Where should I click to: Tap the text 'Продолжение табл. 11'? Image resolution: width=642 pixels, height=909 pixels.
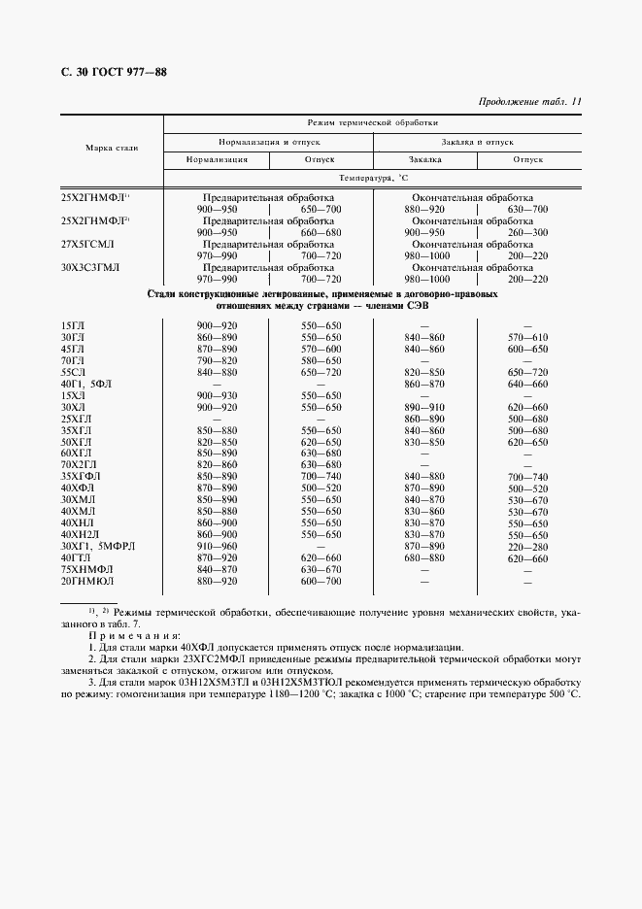pos(530,101)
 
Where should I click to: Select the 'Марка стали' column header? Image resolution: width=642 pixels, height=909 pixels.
pos(112,147)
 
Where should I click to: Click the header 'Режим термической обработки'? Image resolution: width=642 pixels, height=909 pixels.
pos(372,123)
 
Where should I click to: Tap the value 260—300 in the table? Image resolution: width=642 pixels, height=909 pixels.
pos(528,233)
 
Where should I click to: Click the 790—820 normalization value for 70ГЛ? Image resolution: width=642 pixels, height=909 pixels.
pos(217,360)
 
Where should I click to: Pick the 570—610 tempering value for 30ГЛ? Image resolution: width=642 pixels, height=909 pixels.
pos(528,337)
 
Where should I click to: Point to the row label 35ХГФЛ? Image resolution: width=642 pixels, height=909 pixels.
pos(82,476)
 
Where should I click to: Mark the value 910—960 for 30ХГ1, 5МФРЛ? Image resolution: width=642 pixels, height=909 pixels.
pos(217,547)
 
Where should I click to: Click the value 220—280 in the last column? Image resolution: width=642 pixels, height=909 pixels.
pos(528,547)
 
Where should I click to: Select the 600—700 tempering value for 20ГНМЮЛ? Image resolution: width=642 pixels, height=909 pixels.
pos(321,582)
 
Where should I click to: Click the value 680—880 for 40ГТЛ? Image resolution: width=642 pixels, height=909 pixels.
pos(424,558)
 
